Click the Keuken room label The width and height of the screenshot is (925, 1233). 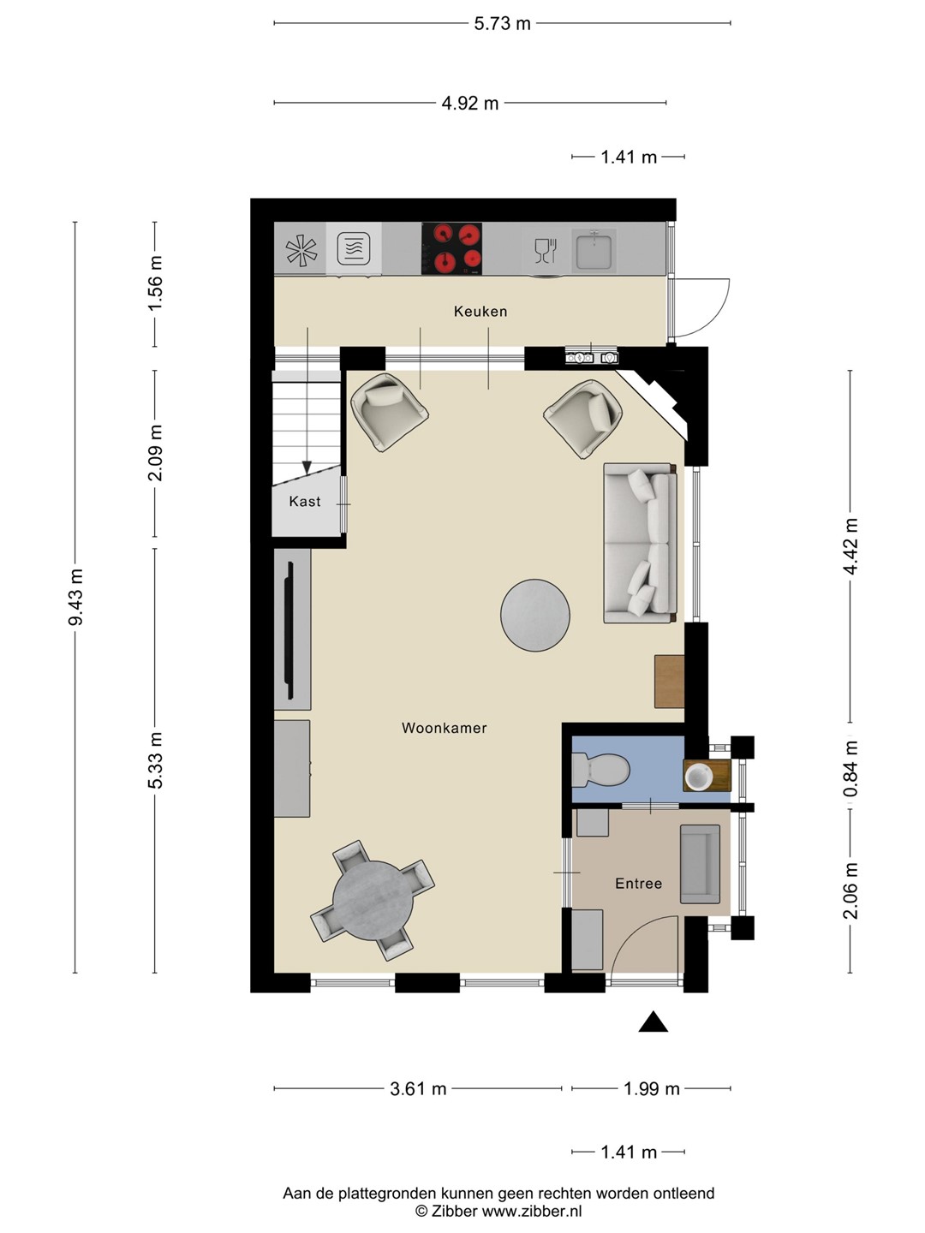click(x=480, y=311)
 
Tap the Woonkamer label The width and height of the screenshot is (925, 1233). click(x=445, y=728)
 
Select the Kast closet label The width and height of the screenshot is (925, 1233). click(x=304, y=501)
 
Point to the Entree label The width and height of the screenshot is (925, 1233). click(x=639, y=884)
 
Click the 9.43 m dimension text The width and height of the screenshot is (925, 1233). click(x=75, y=597)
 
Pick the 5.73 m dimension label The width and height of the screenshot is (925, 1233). click(x=502, y=24)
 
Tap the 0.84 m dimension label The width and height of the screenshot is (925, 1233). click(x=850, y=768)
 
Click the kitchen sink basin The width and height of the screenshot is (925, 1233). click(x=594, y=249)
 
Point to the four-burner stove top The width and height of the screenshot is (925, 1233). click(x=451, y=248)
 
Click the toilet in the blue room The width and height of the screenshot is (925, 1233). click(x=600, y=770)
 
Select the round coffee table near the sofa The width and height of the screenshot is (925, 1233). click(x=534, y=615)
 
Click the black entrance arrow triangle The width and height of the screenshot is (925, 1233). click(x=653, y=1022)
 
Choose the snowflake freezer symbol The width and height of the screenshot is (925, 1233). click(x=301, y=249)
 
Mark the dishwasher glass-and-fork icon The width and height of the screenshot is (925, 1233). click(x=546, y=251)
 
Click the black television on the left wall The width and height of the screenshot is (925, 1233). click(x=290, y=630)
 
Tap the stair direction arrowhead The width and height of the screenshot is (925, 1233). click(x=307, y=468)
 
